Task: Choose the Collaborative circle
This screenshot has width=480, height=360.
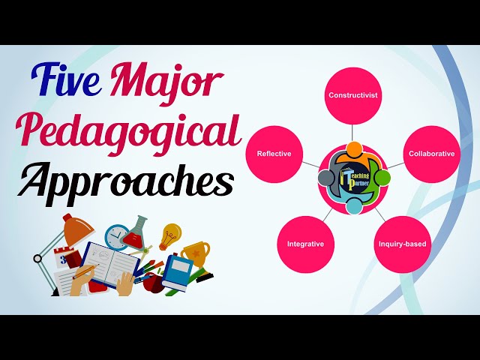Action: click(x=431, y=153)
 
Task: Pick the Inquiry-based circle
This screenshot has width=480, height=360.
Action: click(x=402, y=244)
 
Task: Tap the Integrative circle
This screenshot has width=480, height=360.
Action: click(x=305, y=244)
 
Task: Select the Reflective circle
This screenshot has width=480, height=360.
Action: click(x=274, y=153)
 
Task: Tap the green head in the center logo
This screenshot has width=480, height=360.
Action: click(x=383, y=178)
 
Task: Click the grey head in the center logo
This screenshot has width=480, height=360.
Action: click(x=326, y=178)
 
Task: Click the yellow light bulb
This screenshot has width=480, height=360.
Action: click(x=171, y=235)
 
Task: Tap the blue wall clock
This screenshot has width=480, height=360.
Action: click(x=118, y=238)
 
